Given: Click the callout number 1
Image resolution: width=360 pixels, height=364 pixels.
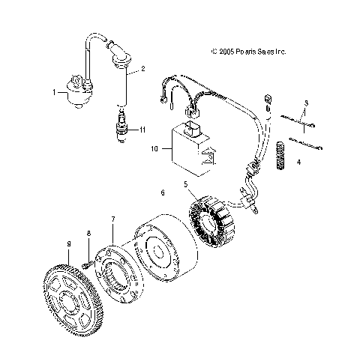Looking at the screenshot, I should [x=54, y=92].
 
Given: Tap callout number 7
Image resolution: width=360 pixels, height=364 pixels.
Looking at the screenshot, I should [x=113, y=219].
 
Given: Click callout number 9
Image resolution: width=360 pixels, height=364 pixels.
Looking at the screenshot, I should [x=68, y=245].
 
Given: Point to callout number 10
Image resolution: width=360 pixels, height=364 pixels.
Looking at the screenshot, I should [x=154, y=149].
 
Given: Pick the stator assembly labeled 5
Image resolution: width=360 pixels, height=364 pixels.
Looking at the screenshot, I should [x=216, y=222].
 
